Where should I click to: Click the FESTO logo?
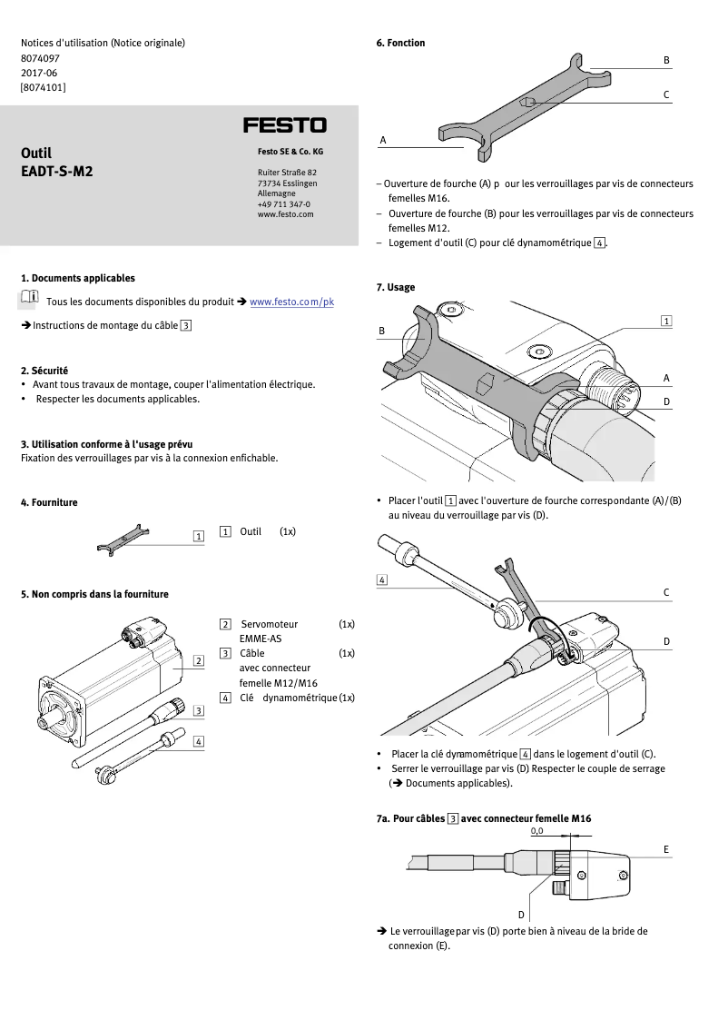tap(284, 125)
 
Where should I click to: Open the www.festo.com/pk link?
tap(291, 302)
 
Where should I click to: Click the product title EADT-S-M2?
tap(56, 170)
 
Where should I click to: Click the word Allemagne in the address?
tap(276, 193)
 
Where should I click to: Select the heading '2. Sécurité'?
tap(44, 371)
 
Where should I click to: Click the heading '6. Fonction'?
tap(400, 43)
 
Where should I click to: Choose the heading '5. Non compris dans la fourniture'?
tap(94, 594)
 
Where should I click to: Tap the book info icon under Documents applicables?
tap(29, 298)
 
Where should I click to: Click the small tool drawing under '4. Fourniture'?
tap(123, 539)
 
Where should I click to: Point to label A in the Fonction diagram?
tap(383, 141)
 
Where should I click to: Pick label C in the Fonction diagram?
tap(666, 94)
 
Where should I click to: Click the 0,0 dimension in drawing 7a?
tap(536, 830)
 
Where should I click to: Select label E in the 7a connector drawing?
tap(666, 849)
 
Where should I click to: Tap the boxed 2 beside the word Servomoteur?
tap(225, 624)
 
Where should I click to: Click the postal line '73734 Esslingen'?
tap(288, 183)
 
